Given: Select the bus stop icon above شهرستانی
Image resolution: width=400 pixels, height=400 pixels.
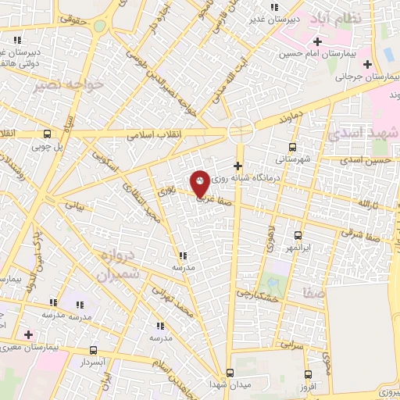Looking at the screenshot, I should [293, 146].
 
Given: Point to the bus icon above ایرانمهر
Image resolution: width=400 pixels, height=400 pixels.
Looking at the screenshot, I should [298, 235].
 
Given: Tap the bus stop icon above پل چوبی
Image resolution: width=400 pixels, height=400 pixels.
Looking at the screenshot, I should [48, 133].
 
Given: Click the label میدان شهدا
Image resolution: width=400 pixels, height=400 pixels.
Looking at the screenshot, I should [229, 384].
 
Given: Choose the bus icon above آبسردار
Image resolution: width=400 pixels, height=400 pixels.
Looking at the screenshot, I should [94, 350].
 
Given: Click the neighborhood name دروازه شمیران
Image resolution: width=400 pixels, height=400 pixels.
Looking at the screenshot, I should [120, 266].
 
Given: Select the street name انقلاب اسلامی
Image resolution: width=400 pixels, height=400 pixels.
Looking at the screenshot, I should [155, 134].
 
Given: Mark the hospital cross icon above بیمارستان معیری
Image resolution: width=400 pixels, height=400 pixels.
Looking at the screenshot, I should [29, 334].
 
